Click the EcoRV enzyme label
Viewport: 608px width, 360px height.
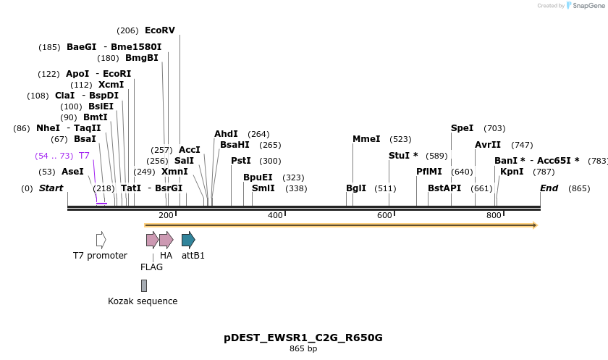click(159, 30)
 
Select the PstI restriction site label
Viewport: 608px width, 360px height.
click(241, 161)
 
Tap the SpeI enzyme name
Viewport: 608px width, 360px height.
click(462, 128)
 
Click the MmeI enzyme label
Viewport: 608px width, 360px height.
click(366, 139)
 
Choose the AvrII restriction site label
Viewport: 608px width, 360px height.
click(488, 145)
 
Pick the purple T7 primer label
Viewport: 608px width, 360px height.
click(84, 156)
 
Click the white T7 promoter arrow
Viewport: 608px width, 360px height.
click(101, 240)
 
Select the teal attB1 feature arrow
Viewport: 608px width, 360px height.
click(188, 240)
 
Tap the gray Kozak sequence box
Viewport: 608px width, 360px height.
click(144, 285)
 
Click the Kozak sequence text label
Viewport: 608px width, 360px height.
click(143, 301)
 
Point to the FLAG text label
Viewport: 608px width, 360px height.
click(151, 267)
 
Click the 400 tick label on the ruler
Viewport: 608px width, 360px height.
click(276, 215)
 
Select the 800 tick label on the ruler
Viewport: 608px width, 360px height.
click(494, 215)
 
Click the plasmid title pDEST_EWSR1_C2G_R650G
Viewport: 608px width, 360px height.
click(303, 338)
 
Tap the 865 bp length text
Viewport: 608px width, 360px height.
click(303, 349)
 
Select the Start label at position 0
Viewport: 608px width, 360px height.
click(51, 188)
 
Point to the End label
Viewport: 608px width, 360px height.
click(549, 188)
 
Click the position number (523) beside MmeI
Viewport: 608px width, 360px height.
click(400, 139)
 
